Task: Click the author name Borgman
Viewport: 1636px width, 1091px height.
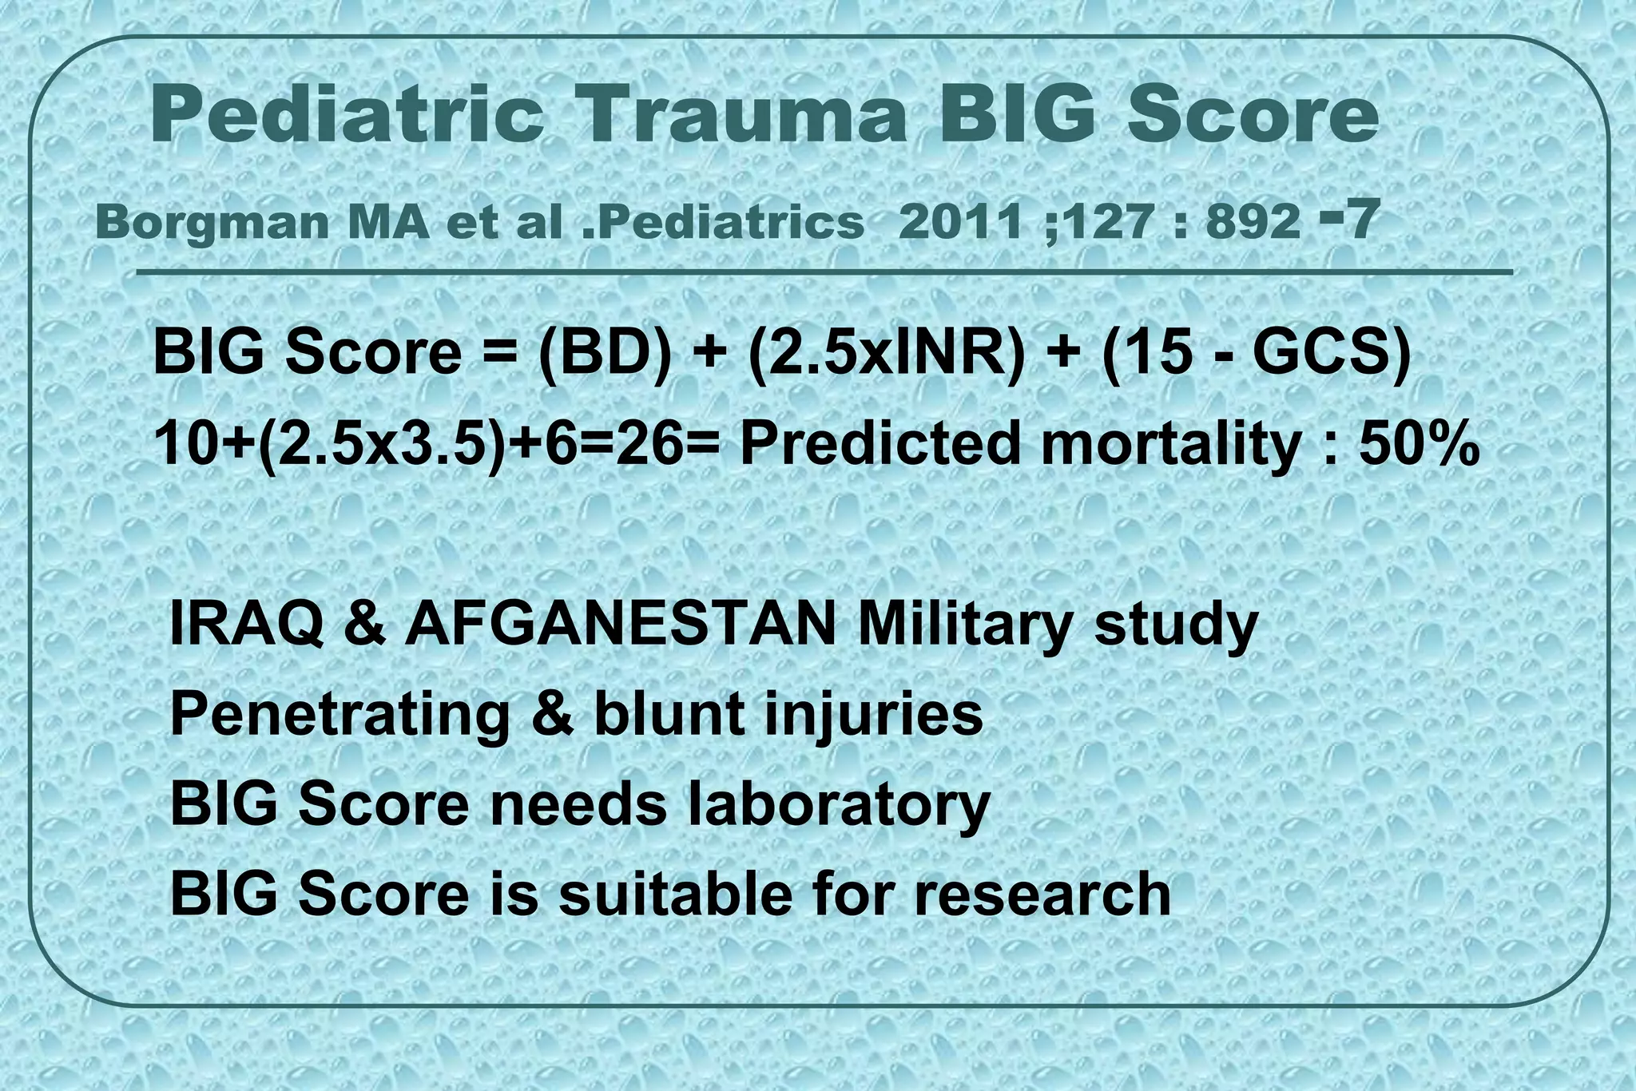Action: click(211, 222)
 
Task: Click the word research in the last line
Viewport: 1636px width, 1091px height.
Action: click(1042, 894)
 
